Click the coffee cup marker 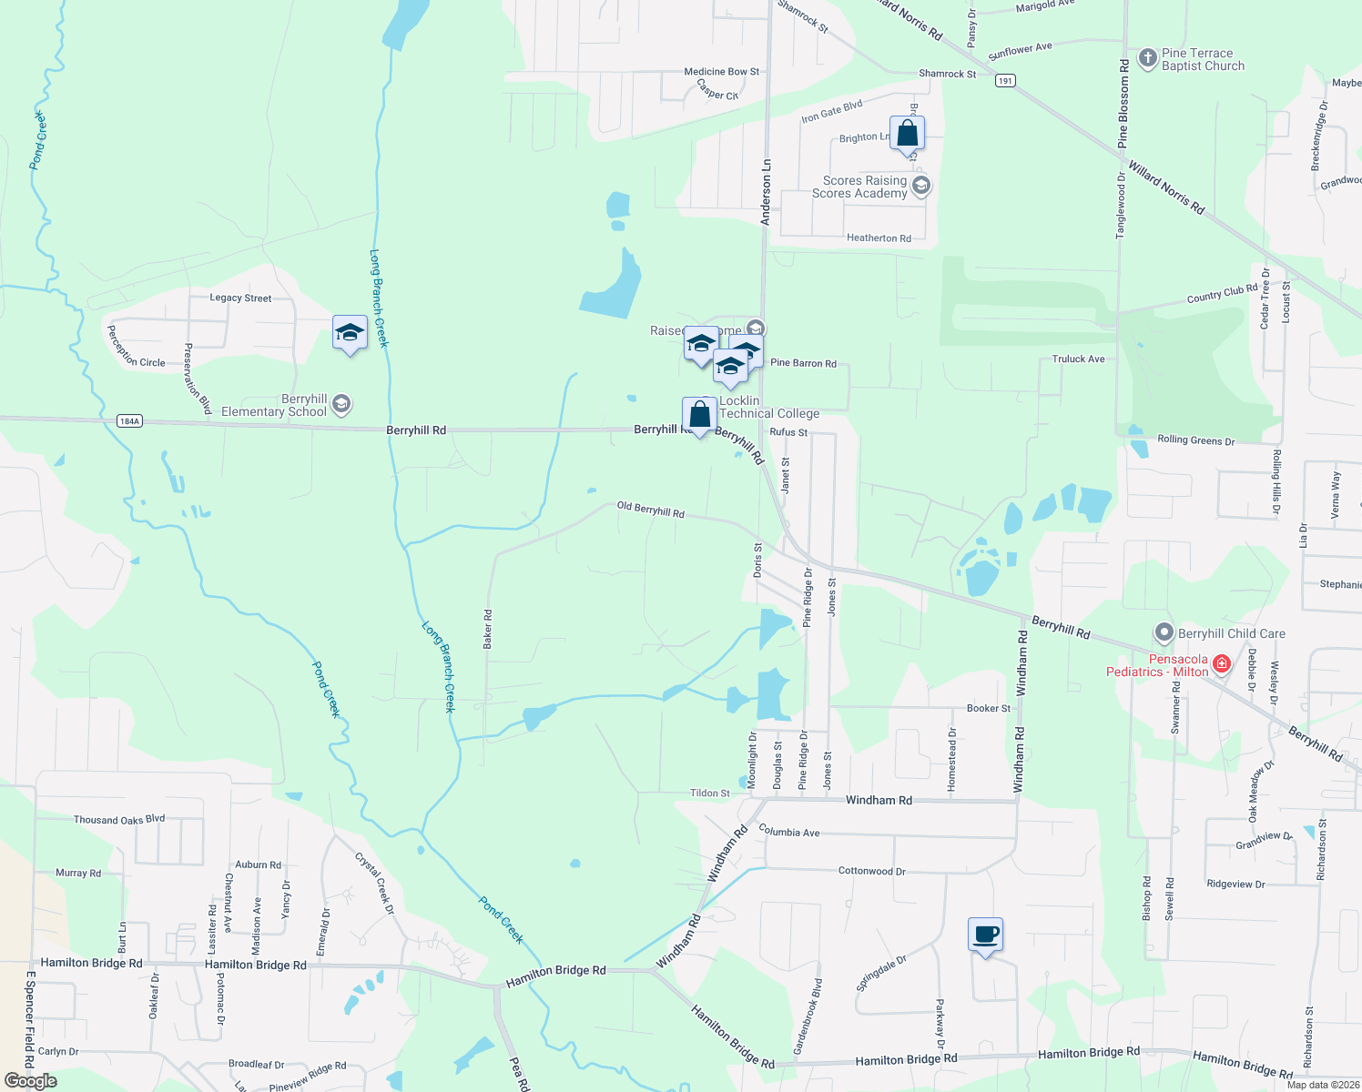pyautogui.click(x=985, y=935)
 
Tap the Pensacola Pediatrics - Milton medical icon pyautogui.click(x=1222, y=664)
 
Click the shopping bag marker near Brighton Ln pyautogui.click(x=908, y=134)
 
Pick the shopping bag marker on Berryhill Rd pyautogui.click(x=699, y=415)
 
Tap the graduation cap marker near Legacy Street pyautogui.click(x=350, y=333)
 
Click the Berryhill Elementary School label pyautogui.click(x=274, y=406)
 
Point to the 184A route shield pyautogui.click(x=130, y=421)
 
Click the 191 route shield pyautogui.click(x=1005, y=81)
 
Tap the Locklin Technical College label pyautogui.click(x=769, y=407)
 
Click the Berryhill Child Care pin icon pyautogui.click(x=1164, y=632)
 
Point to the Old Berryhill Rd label pyautogui.click(x=650, y=510)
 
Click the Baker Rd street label pyautogui.click(x=488, y=629)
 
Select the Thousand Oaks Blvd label pyautogui.click(x=119, y=820)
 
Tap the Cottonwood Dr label pyautogui.click(x=871, y=871)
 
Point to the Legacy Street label pyautogui.click(x=240, y=298)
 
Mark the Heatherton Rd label pyautogui.click(x=879, y=238)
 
